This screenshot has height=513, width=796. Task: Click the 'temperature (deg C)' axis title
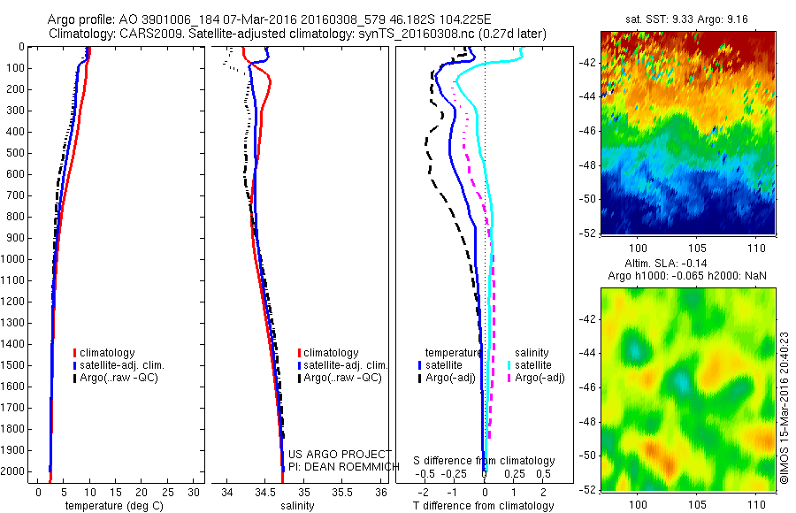(x=111, y=506)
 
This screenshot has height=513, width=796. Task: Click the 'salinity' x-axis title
(x=297, y=506)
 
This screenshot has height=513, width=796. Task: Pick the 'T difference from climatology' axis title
(x=484, y=506)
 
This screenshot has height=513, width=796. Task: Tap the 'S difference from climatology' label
(x=485, y=461)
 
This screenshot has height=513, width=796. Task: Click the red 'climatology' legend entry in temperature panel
(x=107, y=352)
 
